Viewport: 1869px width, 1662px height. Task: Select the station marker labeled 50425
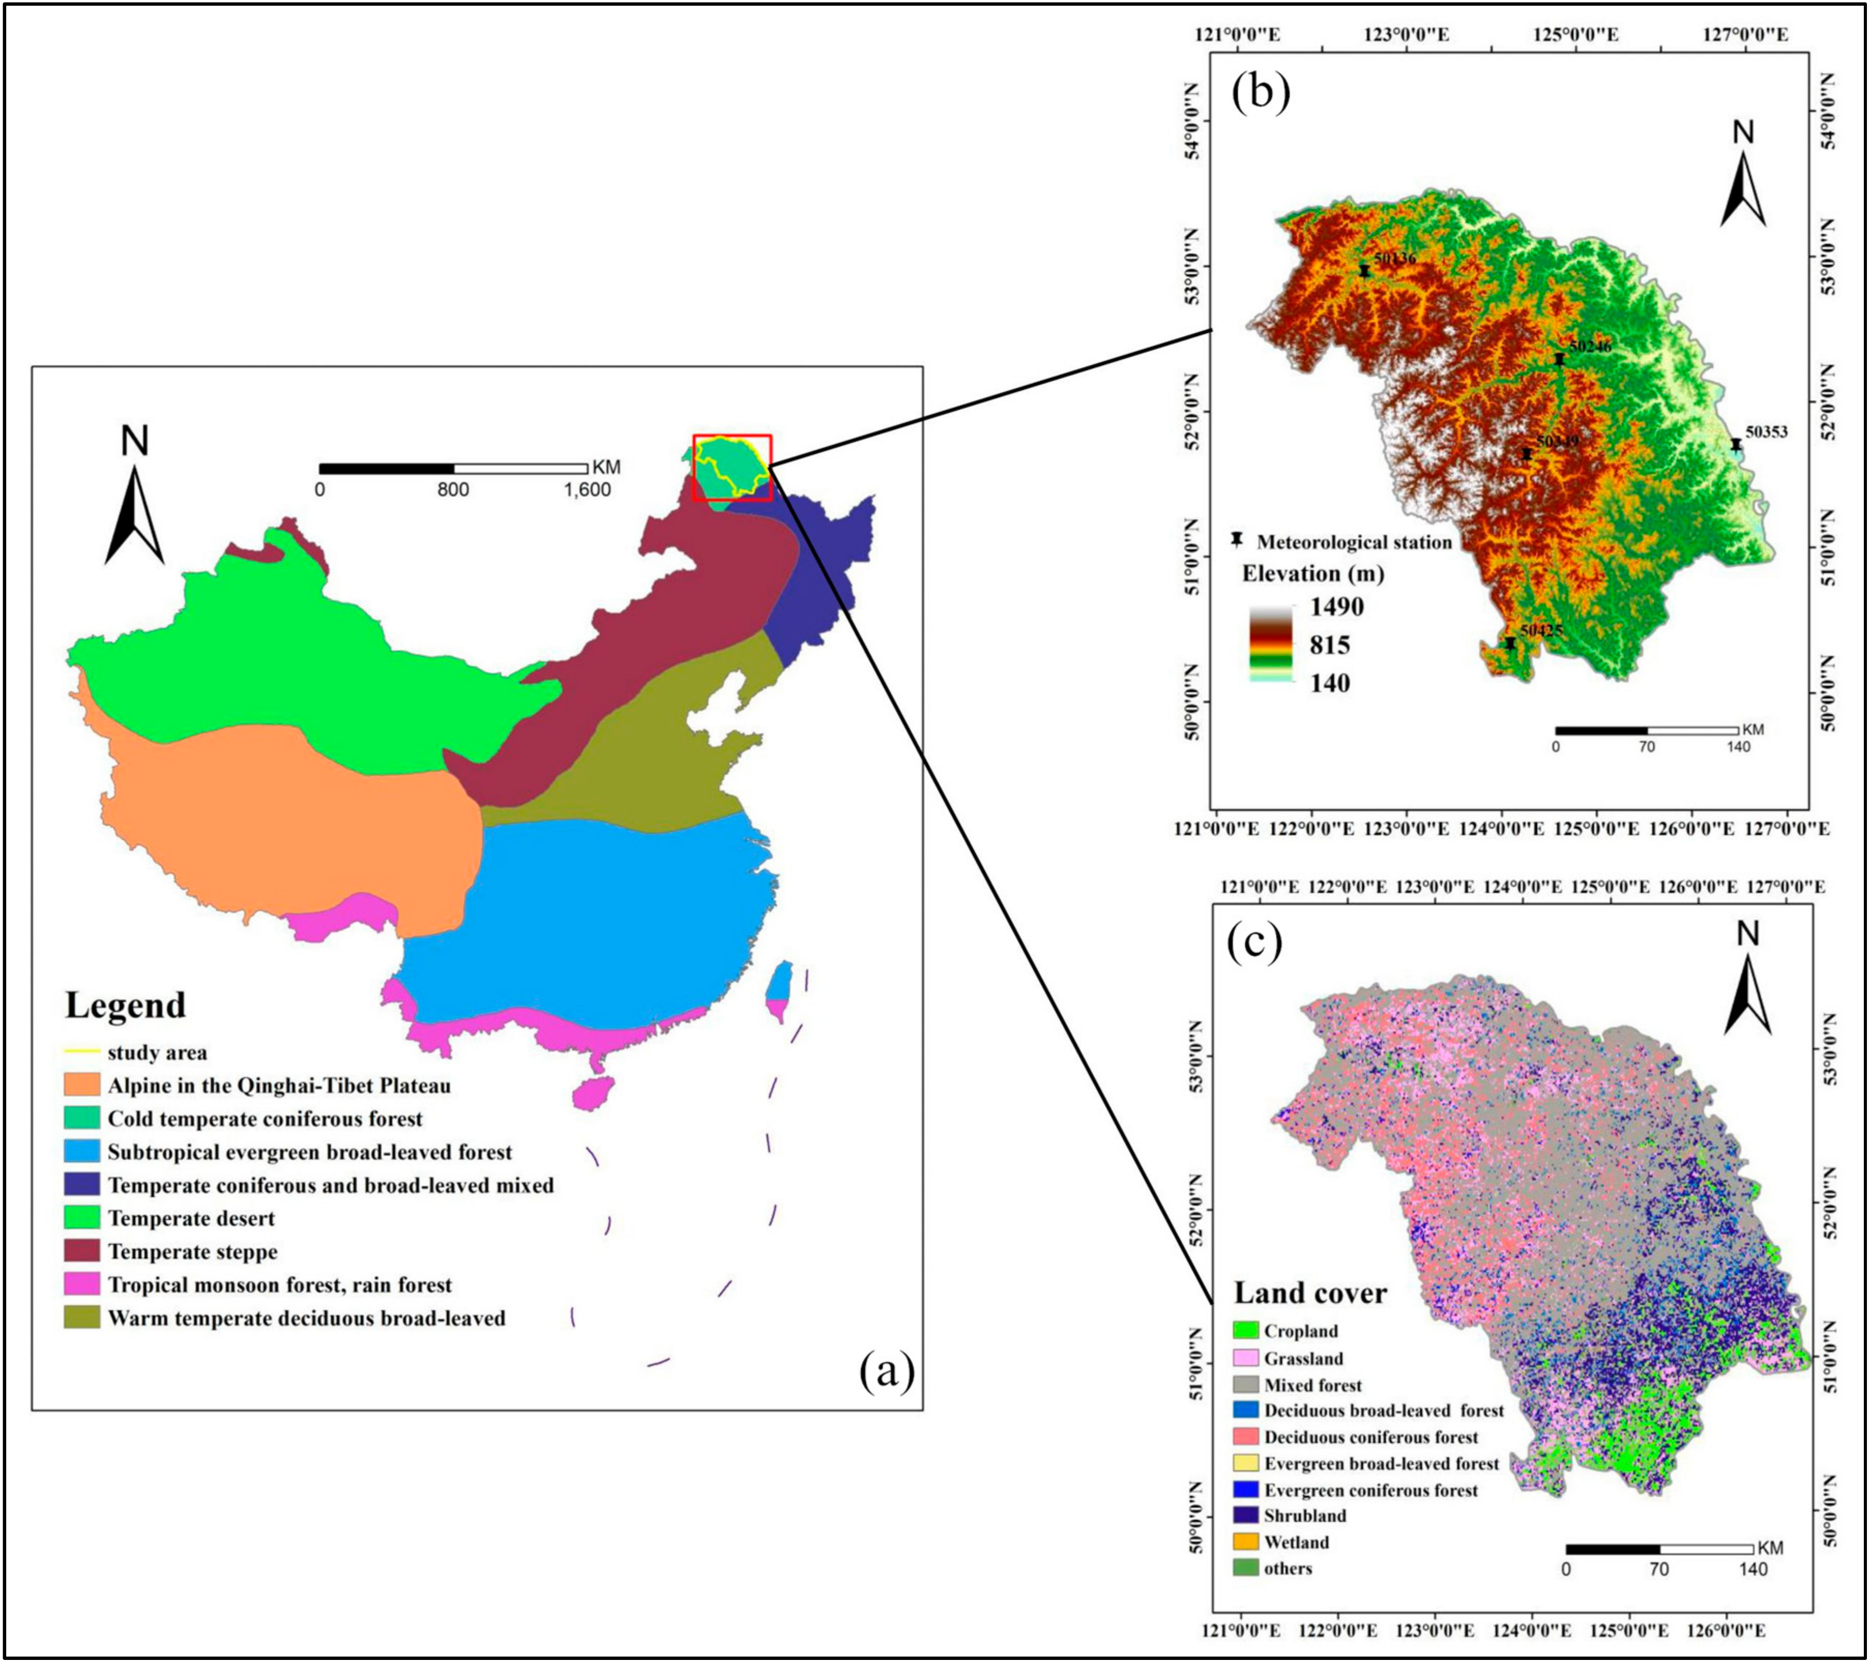pyautogui.click(x=1510, y=644)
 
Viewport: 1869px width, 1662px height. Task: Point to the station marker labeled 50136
pyautogui.click(x=1364, y=271)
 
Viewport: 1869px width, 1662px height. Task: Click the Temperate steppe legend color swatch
pyautogui.click(x=81, y=1251)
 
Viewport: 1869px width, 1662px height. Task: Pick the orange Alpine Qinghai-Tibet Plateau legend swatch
pyautogui.click(x=81, y=1085)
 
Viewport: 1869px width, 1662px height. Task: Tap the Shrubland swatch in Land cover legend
pyautogui.click(x=1245, y=1515)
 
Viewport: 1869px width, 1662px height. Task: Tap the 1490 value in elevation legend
pyautogui.click(x=1336, y=607)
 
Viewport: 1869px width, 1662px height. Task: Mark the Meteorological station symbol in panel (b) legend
pyautogui.click(x=1236, y=541)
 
